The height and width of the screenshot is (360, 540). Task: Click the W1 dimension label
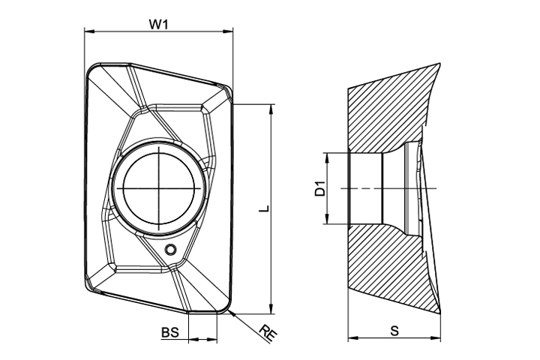point(158,24)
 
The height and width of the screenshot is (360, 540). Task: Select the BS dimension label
point(170,333)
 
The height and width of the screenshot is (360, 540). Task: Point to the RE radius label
point(268,333)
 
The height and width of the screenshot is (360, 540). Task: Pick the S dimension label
point(394,331)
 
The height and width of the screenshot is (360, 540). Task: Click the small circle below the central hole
point(170,249)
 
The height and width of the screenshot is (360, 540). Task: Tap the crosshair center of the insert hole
point(159,188)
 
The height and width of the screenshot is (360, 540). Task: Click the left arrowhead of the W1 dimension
point(89,31)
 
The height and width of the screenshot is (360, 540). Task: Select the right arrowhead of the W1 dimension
point(228,31)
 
